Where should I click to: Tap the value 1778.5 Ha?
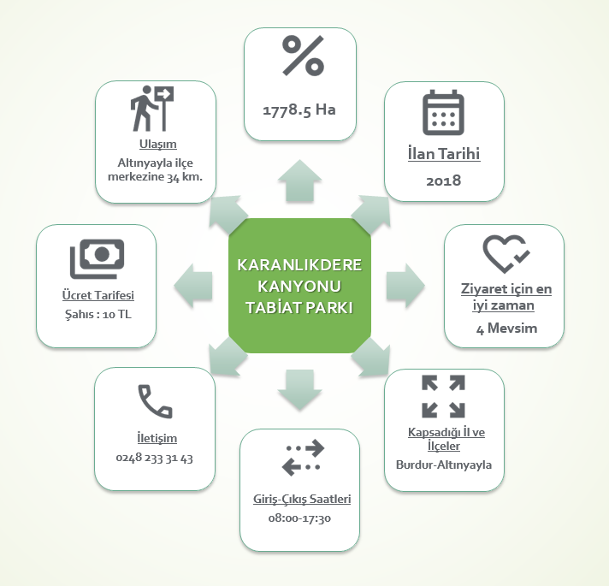299,110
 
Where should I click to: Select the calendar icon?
442,113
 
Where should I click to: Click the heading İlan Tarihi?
443,155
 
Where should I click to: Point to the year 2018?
443,181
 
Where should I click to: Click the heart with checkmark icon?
505,252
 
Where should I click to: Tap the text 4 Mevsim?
505,328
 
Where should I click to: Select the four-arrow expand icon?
443,396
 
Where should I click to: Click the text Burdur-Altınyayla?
444,465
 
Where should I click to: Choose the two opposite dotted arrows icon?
304,458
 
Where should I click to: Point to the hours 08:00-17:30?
299,518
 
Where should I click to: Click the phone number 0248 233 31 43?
154,458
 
